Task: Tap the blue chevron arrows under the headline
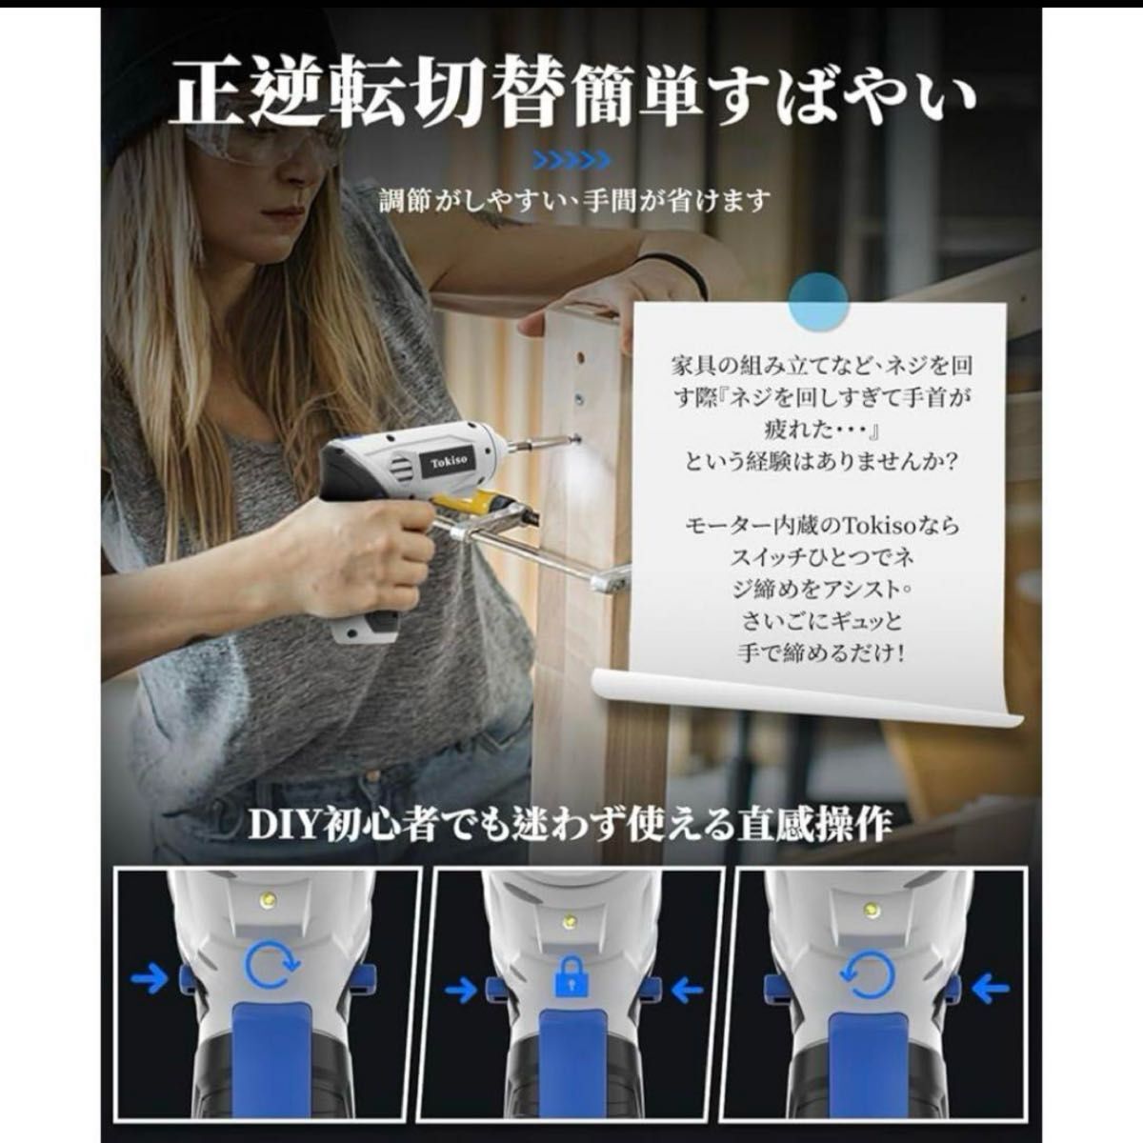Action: click(571, 159)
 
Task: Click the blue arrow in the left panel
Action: click(150, 977)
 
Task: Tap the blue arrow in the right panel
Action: click(990, 989)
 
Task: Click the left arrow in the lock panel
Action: click(461, 989)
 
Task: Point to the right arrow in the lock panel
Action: click(687, 989)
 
